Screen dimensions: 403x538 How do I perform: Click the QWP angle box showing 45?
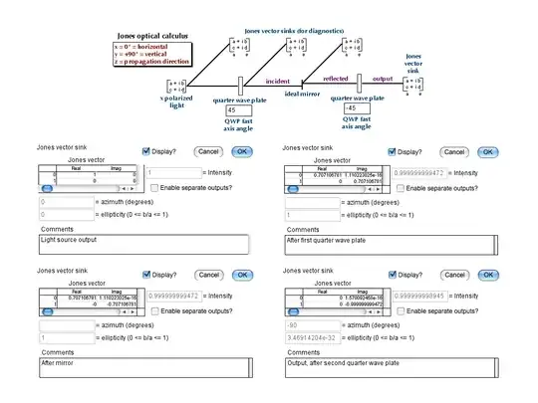238,110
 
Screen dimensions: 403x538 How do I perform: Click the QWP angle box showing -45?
357,107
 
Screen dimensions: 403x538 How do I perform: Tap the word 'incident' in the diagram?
278,82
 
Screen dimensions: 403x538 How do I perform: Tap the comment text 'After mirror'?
61,362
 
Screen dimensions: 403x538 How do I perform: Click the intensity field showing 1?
197,173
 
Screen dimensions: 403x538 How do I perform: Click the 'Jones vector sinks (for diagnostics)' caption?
296,31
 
